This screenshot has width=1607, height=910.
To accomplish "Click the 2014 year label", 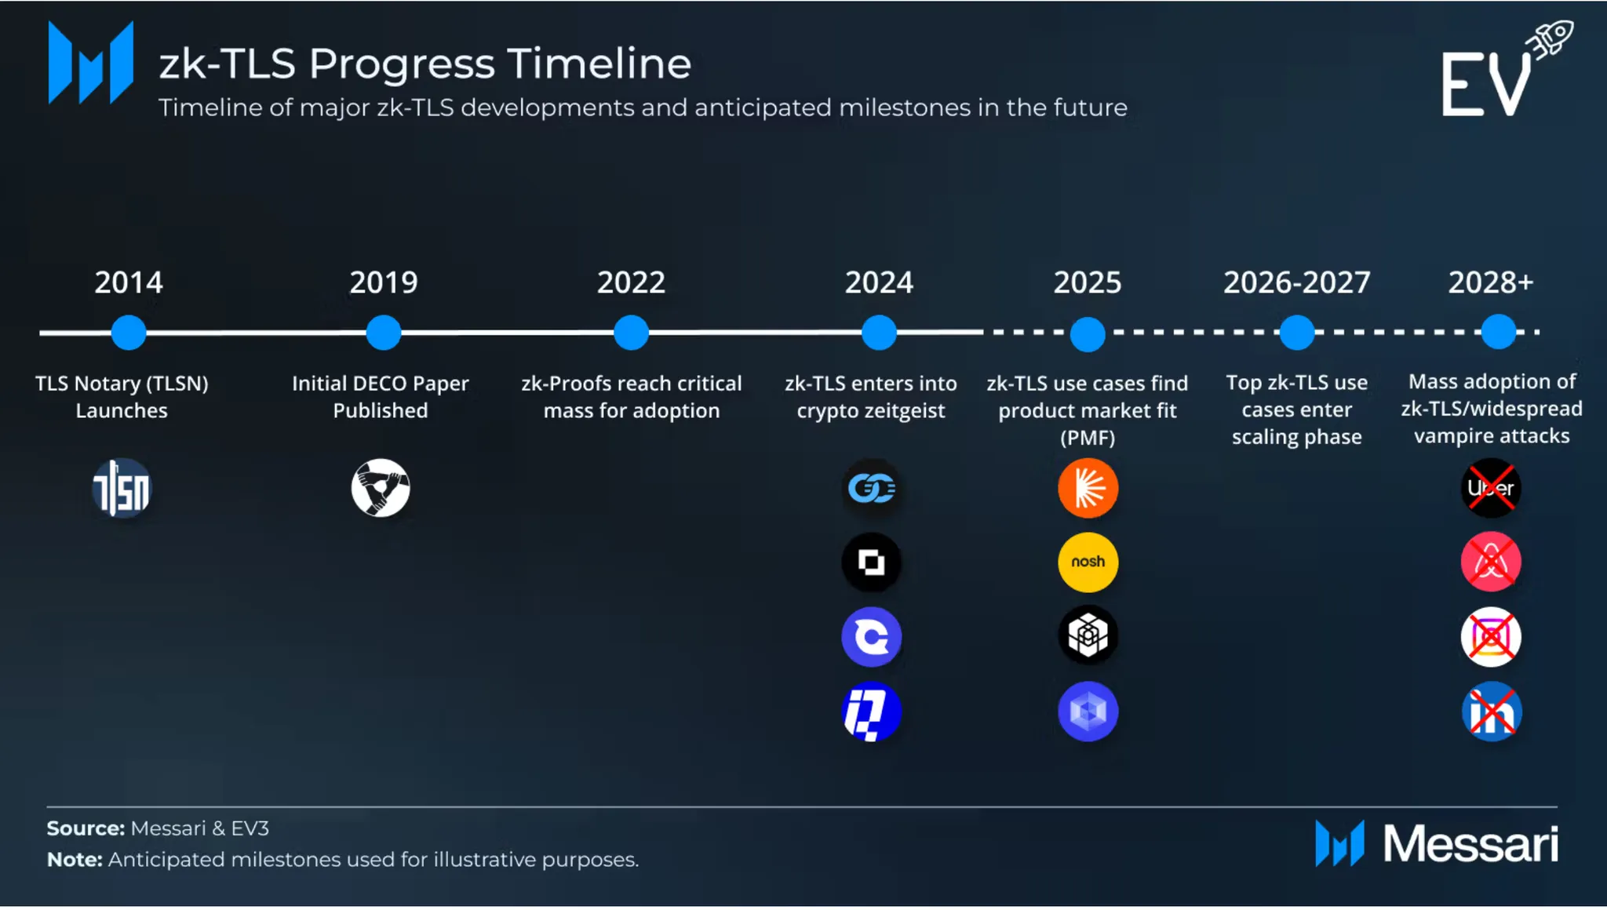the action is tap(129, 282).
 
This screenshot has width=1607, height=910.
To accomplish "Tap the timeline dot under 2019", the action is tap(383, 333).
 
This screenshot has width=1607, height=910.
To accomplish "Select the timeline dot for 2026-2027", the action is tap(1297, 333).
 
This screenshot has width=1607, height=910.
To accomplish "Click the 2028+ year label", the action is tap(1491, 282).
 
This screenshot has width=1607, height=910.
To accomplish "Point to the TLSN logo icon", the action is tap(122, 488).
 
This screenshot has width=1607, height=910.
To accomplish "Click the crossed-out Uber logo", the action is tap(1491, 488).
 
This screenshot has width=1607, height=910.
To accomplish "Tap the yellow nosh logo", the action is tap(1088, 562).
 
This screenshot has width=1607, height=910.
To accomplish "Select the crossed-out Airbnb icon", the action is tap(1491, 562).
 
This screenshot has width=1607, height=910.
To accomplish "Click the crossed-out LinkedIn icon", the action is tap(1491, 712).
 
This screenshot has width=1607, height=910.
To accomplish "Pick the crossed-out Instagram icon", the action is tap(1491, 636).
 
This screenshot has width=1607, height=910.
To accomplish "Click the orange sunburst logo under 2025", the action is tap(1088, 488).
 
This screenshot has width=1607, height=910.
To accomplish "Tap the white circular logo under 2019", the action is tap(381, 488).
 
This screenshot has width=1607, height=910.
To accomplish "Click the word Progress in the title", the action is tap(402, 64).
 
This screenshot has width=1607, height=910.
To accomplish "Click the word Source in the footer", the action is tap(86, 828).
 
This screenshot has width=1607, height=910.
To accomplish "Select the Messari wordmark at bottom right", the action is tap(1470, 844).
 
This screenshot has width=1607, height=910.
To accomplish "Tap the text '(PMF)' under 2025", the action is tap(1088, 438).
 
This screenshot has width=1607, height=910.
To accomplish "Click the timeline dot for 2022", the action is tap(631, 333).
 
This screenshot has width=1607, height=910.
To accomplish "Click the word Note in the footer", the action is tap(75, 860).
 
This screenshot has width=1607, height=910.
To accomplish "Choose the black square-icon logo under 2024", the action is tap(871, 562).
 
